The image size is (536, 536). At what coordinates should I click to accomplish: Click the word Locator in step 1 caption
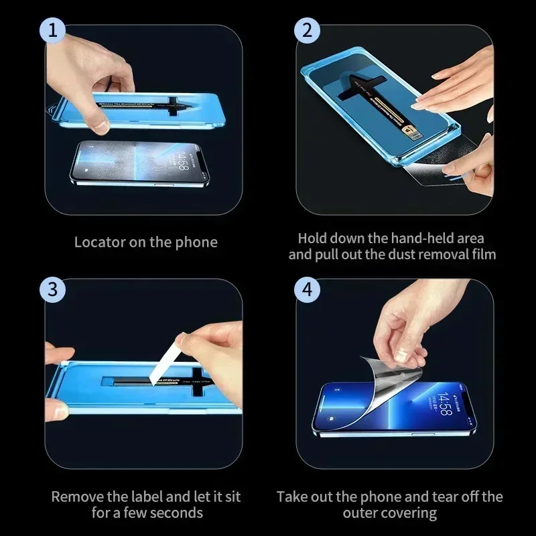pos(99,242)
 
